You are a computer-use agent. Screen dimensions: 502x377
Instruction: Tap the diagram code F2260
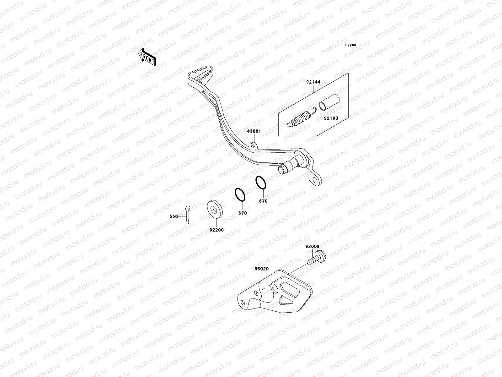click(x=351, y=45)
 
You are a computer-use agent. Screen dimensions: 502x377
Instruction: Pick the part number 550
click(x=174, y=216)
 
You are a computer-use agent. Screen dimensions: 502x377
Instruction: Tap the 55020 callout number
click(x=261, y=269)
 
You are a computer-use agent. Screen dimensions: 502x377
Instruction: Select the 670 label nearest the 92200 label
click(x=243, y=213)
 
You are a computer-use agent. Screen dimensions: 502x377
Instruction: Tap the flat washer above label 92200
click(x=215, y=208)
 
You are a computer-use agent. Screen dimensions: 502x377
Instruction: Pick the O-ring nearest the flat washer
click(x=240, y=195)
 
